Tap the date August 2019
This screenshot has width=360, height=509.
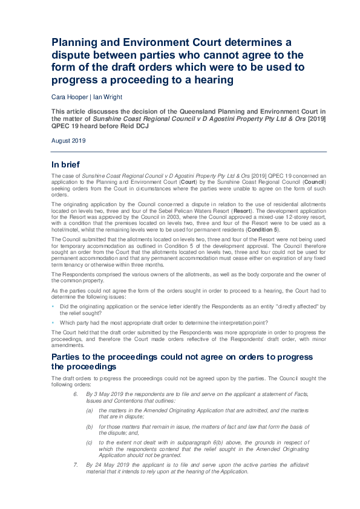[69, 140]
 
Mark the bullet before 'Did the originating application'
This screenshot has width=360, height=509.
[53, 307]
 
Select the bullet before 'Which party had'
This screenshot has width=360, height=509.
[53, 323]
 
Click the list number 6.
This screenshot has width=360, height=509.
[75, 394]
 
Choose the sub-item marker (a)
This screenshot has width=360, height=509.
[90, 410]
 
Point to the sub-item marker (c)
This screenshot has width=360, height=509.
[90, 443]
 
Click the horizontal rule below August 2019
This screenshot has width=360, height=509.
[189, 151]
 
